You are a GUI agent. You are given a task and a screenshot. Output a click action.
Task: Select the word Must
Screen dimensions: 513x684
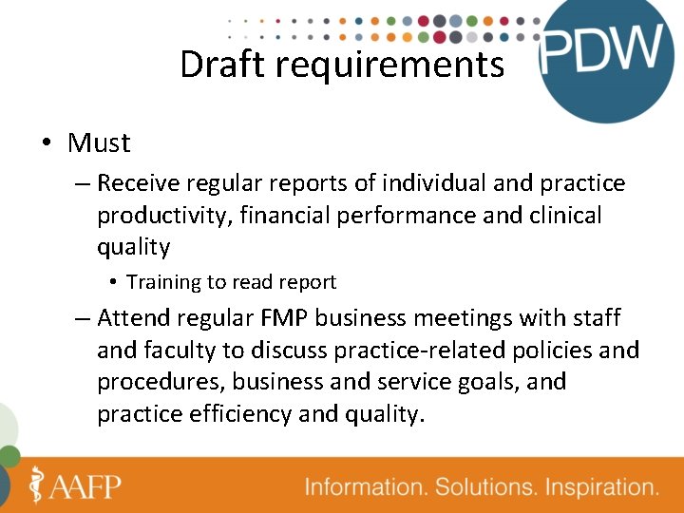99,143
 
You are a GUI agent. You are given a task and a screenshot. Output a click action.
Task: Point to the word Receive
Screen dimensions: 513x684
136,182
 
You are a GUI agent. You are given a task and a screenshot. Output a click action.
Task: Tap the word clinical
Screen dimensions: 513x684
561,216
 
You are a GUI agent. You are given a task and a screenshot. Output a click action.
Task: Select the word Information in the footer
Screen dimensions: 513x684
365,487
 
